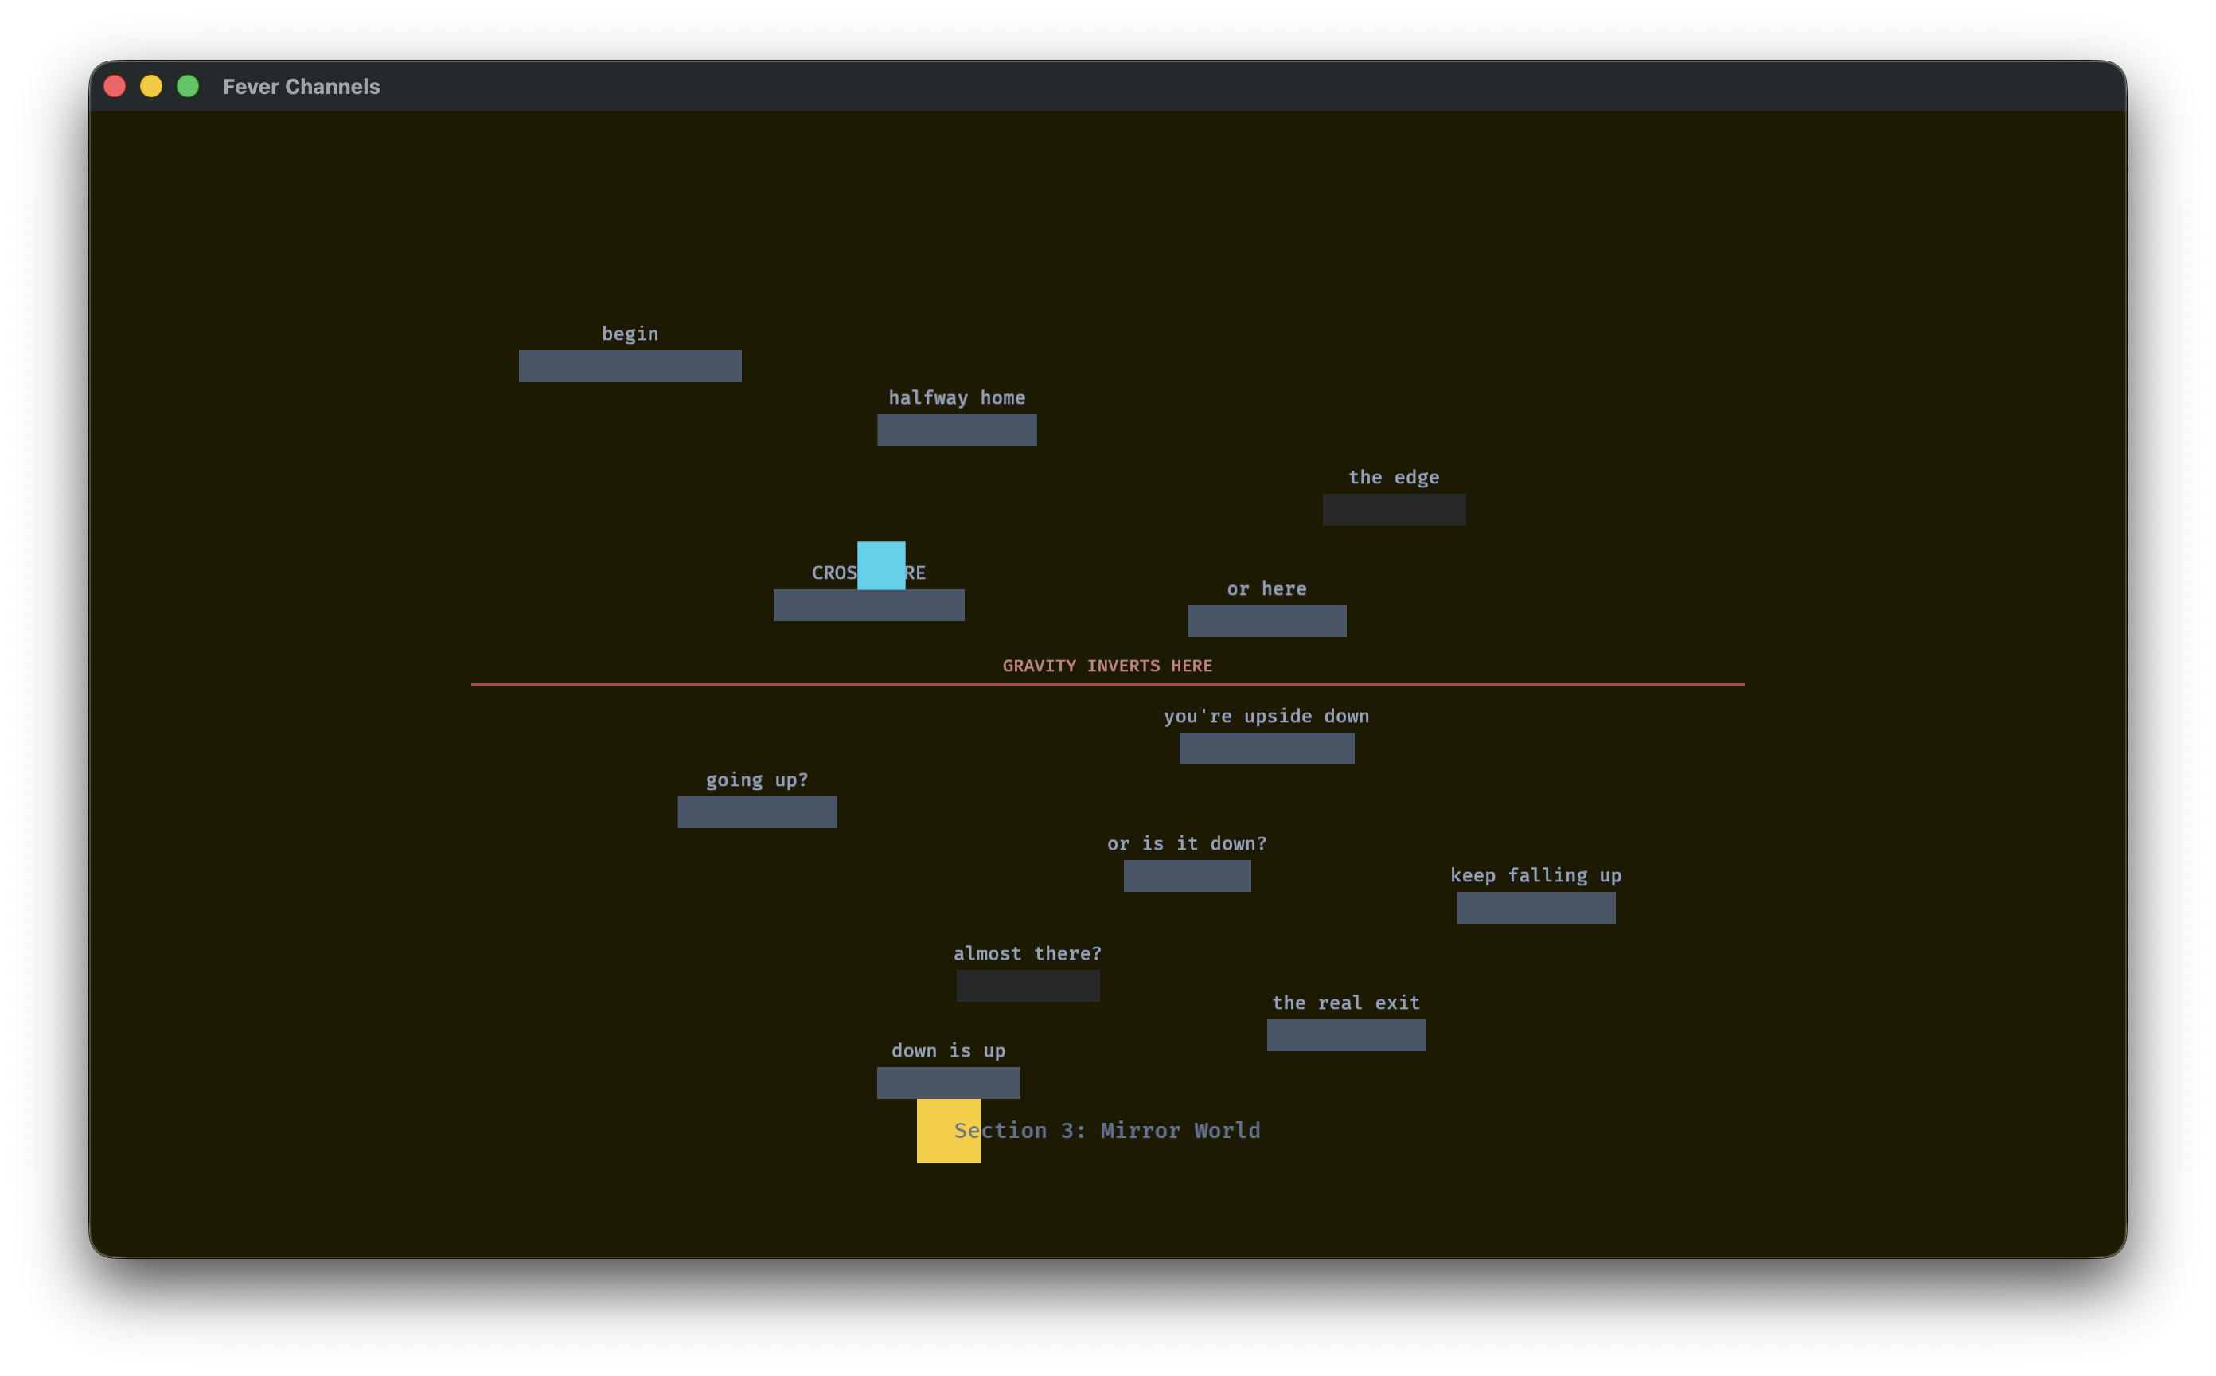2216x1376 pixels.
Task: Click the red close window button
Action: [115, 87]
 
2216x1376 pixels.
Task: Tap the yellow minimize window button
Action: [151, 87]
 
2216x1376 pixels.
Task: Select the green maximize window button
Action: [187, 87]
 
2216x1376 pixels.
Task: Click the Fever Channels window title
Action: [301, 87]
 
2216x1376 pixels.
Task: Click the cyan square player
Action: [880, 565]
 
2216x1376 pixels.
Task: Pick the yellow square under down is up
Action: [948, 1130]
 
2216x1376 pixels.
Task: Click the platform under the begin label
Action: [630, 365]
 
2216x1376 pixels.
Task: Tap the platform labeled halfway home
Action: [956, 429]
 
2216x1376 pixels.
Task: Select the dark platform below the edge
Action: [1394, 510]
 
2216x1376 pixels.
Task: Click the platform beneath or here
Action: [1266, 620]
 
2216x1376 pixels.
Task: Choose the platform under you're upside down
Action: [1266, 748]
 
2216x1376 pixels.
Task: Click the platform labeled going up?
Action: [757, 811]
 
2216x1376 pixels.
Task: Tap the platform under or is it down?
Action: [1187, 875]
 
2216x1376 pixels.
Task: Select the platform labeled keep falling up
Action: [1535, 907]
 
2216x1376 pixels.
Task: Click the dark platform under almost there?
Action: [1028, 986]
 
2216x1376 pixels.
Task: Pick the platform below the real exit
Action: [1346, 1034]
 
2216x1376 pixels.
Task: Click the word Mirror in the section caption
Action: [1140, 1130]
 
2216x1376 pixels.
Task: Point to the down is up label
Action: [948, 1050]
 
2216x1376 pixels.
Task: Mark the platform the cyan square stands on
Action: [868, 605]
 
